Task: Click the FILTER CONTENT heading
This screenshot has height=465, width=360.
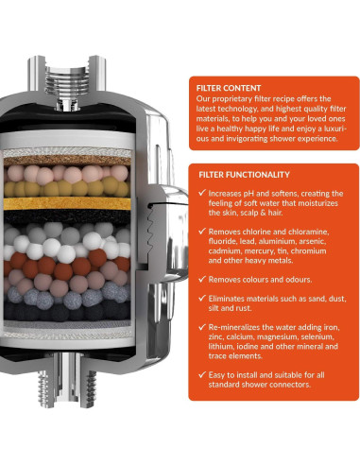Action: (x=229, y=88)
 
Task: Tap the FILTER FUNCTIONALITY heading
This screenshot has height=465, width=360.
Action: (x=244, y=175)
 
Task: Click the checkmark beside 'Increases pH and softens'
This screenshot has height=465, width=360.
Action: (x=202, y=193)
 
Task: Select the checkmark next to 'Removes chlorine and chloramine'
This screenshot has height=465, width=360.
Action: (x=202, y=231)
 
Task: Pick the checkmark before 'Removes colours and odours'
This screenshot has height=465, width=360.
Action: (x=202, y=279)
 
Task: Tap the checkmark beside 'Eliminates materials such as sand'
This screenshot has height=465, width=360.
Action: (x=202, y=298)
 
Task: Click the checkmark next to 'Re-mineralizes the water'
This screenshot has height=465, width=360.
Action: (x=202, y=327)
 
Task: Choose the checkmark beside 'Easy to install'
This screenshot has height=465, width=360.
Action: (x=202, y=374)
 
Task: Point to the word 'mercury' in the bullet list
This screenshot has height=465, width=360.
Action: (x=257, y=251)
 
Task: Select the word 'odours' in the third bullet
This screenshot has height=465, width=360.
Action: (x=299, y=280)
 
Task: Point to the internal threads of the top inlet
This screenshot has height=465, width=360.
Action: (x=67, y=81)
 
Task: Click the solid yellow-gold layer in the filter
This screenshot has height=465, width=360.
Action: (x=67, y=203)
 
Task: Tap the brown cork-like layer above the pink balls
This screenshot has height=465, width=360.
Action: (x=67, y=161)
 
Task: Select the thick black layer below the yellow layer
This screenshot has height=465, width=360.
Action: (x=67, y=216)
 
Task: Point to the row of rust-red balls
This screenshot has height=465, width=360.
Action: (x=66, y=264)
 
